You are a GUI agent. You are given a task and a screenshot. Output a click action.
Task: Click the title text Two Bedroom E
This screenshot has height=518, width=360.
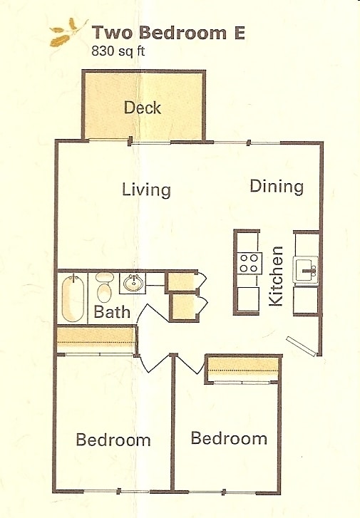tap(168, 33)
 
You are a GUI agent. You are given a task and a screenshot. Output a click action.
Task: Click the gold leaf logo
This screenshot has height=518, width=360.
tap(64, 33)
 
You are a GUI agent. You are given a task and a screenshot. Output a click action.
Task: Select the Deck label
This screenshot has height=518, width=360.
tap(143, 108)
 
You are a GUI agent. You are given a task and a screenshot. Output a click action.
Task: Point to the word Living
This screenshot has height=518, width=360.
tap(146, 190)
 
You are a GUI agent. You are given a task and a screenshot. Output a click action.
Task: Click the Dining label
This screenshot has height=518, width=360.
tap(277, 187)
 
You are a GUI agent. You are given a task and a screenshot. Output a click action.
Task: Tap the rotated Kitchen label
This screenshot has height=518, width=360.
tap(277, 276)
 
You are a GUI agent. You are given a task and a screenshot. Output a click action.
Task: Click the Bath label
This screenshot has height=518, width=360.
tap(112, 312)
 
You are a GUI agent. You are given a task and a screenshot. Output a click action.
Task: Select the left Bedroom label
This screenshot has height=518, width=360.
tap(113, 440)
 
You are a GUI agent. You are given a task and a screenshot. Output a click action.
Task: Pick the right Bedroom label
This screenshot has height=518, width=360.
tap(229, 438)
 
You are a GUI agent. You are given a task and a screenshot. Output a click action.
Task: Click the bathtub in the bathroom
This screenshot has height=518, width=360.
tap(72, 298)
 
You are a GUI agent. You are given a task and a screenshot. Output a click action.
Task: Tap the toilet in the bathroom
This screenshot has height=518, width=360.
tap(105, 287)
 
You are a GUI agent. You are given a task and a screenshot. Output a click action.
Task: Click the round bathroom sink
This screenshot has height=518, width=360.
tap(133, 283)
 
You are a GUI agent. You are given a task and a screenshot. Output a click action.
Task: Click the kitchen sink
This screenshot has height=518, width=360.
tap(307, 269)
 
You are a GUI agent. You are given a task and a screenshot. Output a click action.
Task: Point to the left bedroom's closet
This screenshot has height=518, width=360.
tap(96, 338)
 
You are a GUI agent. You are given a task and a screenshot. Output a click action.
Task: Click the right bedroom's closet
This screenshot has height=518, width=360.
tap(243, 368)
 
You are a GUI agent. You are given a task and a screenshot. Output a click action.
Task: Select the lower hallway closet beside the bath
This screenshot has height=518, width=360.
tap(182, 306)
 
